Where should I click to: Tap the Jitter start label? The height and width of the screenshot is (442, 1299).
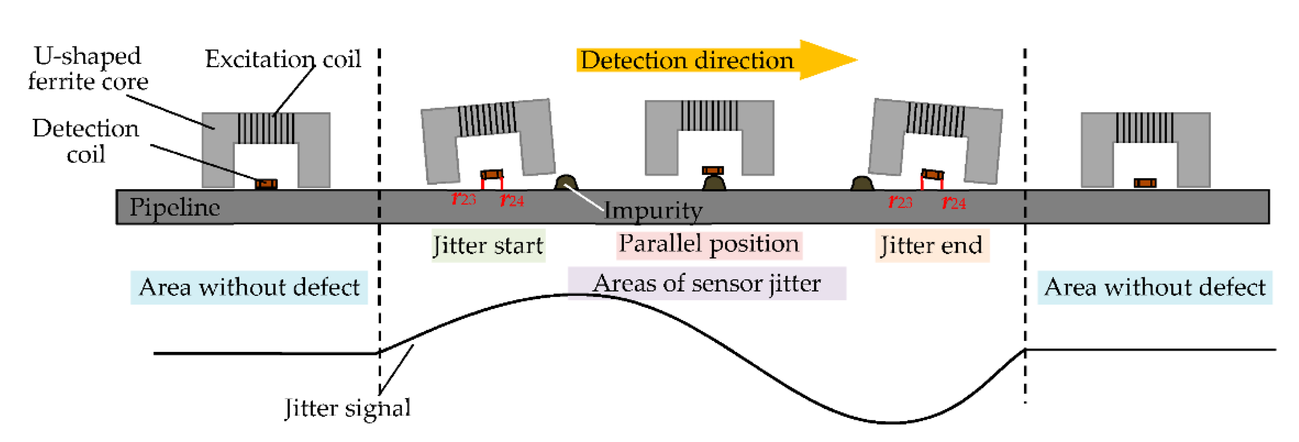tap(488, 246)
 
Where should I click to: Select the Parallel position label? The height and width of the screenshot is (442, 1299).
tap(709, 244)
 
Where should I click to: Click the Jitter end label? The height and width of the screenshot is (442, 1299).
tap(931, 246)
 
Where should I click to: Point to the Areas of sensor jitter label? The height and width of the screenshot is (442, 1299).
tap(706, 283)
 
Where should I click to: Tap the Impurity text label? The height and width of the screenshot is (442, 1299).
tap(653, 210)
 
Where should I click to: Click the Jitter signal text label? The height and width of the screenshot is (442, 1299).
tap(347, 407)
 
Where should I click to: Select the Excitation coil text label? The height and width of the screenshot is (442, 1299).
tap(283, 59)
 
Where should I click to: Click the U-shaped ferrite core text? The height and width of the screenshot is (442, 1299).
tap(88, 68)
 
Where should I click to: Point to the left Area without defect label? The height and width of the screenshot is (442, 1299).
tap(249, 287)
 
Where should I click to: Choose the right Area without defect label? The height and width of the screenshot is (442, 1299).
tap(1154, 287)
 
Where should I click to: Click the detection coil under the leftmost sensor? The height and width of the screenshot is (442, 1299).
tap(266, 184)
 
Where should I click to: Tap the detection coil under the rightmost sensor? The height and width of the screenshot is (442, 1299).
tap(1145, 182)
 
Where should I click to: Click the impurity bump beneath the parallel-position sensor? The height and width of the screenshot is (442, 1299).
tap(714, 182)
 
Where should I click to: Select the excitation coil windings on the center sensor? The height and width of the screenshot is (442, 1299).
tap(709, 116)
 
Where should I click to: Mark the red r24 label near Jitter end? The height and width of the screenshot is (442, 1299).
tap(953, 202)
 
